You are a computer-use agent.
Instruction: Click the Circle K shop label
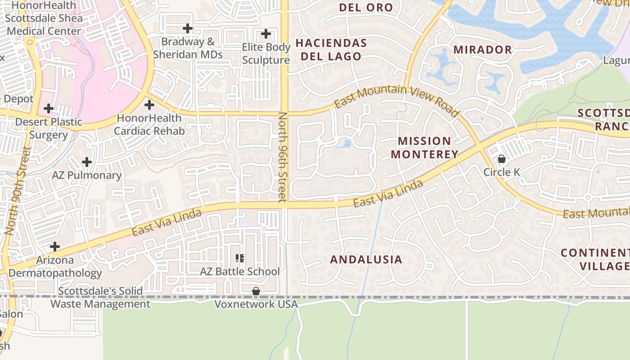pos(501,172)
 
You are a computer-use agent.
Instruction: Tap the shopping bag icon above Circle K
pos(501,159)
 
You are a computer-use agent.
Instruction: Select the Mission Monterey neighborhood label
pos(424,148)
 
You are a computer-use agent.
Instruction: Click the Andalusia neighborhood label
pos(366,259)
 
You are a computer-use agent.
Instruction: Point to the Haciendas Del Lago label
pos(331,49)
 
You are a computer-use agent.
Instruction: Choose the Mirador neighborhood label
pos(482,49)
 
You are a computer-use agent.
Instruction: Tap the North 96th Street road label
pos(282,157)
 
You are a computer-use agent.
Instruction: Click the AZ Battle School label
pos(240,271)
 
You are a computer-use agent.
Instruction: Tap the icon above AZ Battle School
pos(240,258)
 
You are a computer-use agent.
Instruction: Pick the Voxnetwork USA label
pos(256,305)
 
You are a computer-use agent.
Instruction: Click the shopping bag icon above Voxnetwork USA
pos(256,292)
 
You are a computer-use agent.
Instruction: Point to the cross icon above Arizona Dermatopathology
pos(55,247)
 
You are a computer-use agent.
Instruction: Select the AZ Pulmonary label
pos(87,175)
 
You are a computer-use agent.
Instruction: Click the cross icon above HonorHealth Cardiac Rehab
pos(149,105)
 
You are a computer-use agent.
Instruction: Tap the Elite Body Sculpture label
pos(266,54)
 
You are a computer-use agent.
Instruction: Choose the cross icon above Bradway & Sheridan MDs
pos(188,29)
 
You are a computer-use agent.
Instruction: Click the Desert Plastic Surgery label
pos(49,128)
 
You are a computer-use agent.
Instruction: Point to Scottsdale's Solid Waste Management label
pos(100,297)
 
